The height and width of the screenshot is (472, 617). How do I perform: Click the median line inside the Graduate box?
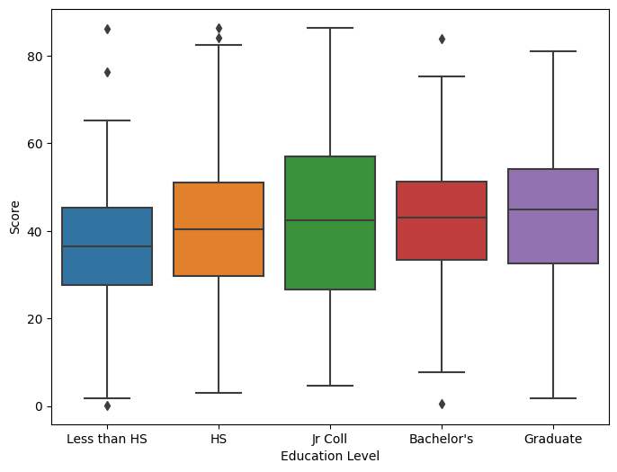tap(553, 209)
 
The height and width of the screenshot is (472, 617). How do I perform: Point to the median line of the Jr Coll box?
tap(330, 220)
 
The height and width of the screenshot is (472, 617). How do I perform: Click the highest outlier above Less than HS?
tap(107, 29)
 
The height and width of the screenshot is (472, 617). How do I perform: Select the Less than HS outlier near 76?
tap(107, 72)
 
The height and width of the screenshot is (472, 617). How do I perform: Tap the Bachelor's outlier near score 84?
tap(442, 39)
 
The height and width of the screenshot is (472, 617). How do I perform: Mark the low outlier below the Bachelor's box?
tap(442, 404)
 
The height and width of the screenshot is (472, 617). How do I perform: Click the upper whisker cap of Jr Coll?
tap(330, 28)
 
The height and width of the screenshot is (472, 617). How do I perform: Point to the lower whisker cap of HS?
tap(219, 393)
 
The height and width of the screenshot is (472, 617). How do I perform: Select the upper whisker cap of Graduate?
tap(553, 51)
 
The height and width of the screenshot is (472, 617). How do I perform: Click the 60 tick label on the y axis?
tap(34, 144)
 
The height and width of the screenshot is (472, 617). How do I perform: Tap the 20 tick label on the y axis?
tap(34, 319)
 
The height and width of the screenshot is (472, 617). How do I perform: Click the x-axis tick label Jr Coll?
tap(330, 439)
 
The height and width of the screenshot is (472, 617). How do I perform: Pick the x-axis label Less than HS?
tap(107, 439)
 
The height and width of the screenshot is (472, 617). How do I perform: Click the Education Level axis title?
tap(330, 456)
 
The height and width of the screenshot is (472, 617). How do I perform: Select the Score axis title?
tap(15, 217)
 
